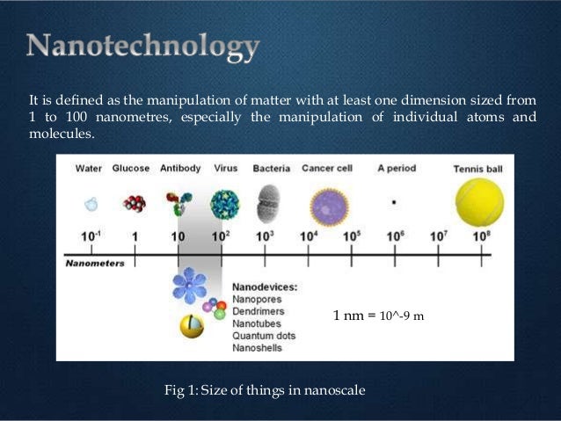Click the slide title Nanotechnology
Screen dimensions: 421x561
click(x=142, y=47)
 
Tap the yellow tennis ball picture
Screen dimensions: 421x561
click(x=479, y=202)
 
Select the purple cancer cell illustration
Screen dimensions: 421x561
click(x=329, y=207)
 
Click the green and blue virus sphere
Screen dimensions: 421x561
click(x=224, y=205)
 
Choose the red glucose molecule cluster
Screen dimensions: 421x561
click(x=135, y=204)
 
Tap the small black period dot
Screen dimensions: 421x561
click(x=394, y=201)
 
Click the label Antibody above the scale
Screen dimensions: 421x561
click(x=180, y=169)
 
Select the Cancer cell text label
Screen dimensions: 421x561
click(x=327, y=169)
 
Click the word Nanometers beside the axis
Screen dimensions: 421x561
click(x=95, y=263)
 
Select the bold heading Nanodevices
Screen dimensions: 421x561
click(x=265, y=287)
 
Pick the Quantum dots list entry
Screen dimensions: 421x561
click(x=264, y=336)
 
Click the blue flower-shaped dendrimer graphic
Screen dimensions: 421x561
click(x=189, y=285)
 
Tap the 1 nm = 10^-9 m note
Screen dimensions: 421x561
click(x=378, y=316)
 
